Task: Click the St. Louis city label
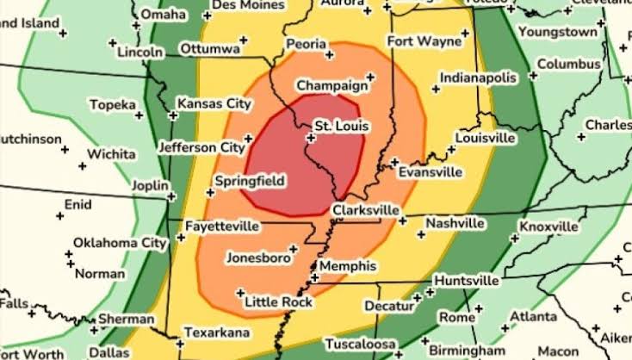(340, 127)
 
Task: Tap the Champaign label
(328, 86)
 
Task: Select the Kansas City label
(214, 104)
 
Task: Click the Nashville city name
(455, 224)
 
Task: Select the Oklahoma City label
(119, 243)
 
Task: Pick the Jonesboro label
(257, 258)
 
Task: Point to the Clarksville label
(366, 209)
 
